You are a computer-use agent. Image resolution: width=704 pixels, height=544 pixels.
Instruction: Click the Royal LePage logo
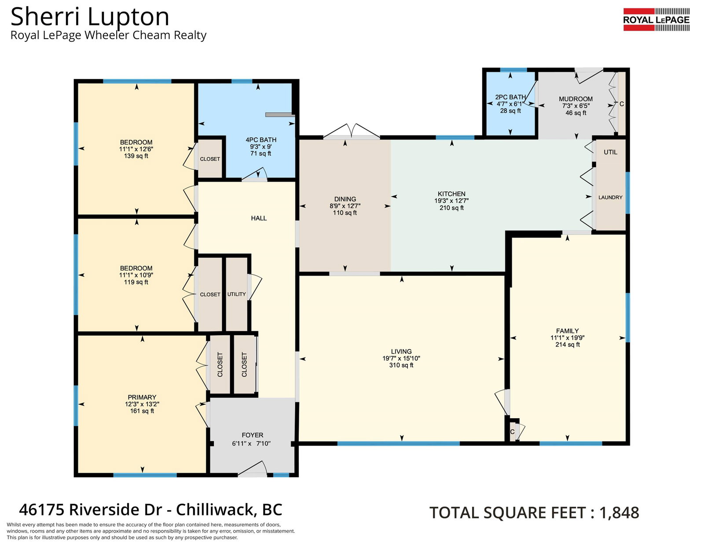pyautogui.click(x=656, y=20)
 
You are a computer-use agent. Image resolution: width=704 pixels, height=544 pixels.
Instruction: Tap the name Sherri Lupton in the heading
pyautogui.click(x=90, y=17)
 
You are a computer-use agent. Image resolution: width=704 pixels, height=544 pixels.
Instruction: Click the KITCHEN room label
pyautogui.click(x=451, y=194)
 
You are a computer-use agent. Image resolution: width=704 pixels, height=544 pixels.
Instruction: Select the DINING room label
pyautogui.click(x=345, y=199)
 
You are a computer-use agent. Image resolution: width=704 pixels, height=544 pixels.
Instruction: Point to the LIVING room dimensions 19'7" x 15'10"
pyautogui.click(x=401, y=358)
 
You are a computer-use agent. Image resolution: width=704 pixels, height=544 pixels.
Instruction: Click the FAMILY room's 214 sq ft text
pyautogui.click(x=567, y=344)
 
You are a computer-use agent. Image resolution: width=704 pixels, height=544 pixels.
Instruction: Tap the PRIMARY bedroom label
pyautogui.click(x=142, y=397)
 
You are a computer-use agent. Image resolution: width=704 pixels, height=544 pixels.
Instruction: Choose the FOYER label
pyautogui.click(x=253, y=435)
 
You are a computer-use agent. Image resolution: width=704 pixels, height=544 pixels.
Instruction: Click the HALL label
pyautogui.click(x=259, y=218)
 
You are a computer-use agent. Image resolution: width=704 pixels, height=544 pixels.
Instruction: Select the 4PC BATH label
pyautogui.click(x=261, y=140)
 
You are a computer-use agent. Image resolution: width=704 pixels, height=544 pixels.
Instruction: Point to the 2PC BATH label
pyautogui.click(x=510, y=97)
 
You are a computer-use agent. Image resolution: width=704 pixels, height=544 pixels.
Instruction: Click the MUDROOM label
pyautogui.click(x=576, y=99)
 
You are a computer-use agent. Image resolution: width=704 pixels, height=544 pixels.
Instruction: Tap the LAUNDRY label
pyautogui.click(x=610, y=197)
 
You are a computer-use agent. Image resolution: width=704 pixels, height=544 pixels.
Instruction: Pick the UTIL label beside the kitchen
pyautogui.click(x=610, y=152)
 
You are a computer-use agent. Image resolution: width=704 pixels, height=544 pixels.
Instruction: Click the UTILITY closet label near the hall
pyautogui.click(x=237, y=294)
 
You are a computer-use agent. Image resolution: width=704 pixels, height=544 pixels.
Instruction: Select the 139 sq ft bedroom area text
pyautogui.click(x=136, y=156)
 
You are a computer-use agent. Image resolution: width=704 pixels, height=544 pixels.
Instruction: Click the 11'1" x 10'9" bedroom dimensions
pyautogui.click(x=136, y=275)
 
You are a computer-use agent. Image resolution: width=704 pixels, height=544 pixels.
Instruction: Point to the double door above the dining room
pyautogui.click(x=352, y=131)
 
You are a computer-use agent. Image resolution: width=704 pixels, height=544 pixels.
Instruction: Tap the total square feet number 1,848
pyautogui.click(x=619, y=513)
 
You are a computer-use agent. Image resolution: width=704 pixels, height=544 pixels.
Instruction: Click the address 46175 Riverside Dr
pyautogui.click(x=90, y=510)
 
